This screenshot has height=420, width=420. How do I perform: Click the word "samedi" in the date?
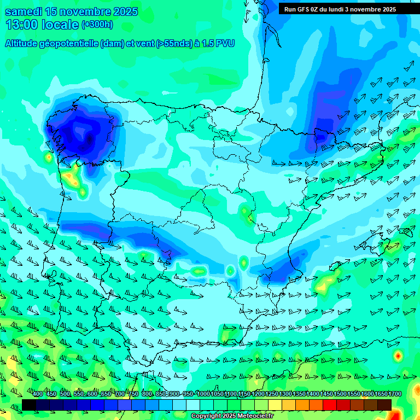(23, 12)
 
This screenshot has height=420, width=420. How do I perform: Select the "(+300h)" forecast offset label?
(97, 25)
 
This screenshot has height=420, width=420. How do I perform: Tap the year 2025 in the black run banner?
(386, 9)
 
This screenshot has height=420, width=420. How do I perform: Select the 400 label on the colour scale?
(38, 394)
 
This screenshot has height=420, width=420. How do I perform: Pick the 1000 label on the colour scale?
(203, 394)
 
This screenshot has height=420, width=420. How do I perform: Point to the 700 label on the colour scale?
(120, 394)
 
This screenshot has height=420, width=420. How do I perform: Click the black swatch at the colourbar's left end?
(29, 405)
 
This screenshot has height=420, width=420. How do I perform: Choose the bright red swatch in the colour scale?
(330, 405)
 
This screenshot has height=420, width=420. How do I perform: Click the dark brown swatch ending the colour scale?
(384, 405)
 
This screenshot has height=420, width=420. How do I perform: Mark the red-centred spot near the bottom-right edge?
(398, 356)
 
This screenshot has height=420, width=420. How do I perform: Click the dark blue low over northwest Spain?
(82, 134)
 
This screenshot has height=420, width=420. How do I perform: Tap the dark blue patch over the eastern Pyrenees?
(321, 137)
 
